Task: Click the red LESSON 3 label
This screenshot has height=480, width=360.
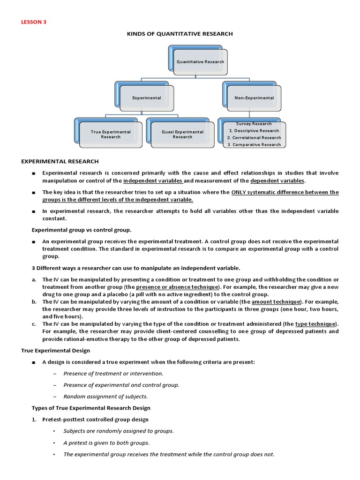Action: [34, 22]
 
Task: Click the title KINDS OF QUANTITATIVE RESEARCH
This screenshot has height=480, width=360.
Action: [180, 34]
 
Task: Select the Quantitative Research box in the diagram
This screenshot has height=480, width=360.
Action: [200, 61]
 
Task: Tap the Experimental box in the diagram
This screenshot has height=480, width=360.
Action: [147, 98]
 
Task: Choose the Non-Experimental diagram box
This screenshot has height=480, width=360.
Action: [254, 98]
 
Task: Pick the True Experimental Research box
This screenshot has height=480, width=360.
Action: [111, 135]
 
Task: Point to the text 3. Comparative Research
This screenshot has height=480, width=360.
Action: [254, 144]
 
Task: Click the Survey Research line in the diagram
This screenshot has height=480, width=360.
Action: [254, 124]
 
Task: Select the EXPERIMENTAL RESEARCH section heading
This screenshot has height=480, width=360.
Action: [60, 161]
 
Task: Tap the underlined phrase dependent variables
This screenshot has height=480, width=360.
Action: [277, 180]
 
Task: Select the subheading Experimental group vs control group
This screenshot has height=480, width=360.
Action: [82, 230]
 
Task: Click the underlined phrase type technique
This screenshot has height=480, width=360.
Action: [315, 324]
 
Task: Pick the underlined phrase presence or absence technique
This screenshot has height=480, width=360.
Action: [177, 287]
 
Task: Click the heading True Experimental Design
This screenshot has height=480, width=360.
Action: [55, 351]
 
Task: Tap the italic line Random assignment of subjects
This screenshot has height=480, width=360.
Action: [99, 397]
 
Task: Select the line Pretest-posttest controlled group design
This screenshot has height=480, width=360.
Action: [95, 420]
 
